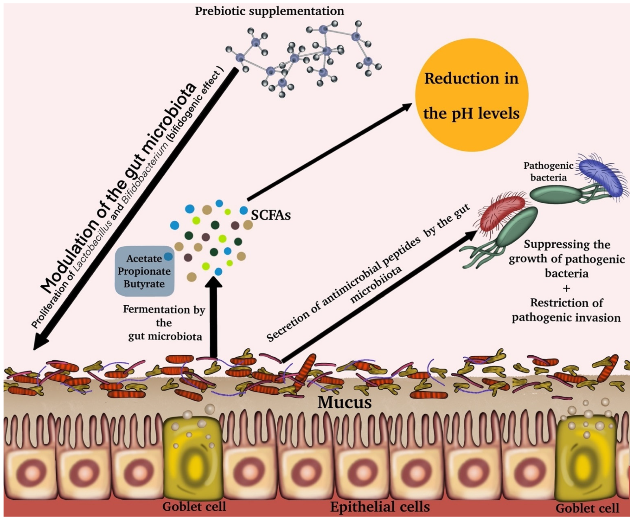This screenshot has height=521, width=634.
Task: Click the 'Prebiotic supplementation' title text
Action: [x=269, y=11]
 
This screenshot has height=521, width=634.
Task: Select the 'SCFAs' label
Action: [x=270, y=215]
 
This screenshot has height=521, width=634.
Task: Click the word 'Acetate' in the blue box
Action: [x=144, y=259]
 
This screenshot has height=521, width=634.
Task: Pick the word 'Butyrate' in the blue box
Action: [x=144, y=284]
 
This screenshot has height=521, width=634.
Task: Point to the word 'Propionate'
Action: [x=144, y=271]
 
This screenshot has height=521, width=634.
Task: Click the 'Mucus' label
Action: [x=344, y=403]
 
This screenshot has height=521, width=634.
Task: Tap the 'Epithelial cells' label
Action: [x=380, y=507]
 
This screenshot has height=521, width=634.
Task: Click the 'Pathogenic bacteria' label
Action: [x=548, y=171]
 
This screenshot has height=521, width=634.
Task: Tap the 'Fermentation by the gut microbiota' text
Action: [x=164, y=323]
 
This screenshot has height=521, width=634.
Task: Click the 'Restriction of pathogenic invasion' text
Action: [x=566, y=310]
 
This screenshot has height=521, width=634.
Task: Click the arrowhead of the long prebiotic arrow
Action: [x=40, y=342]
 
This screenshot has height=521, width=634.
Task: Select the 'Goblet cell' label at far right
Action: [x=587, y=508]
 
